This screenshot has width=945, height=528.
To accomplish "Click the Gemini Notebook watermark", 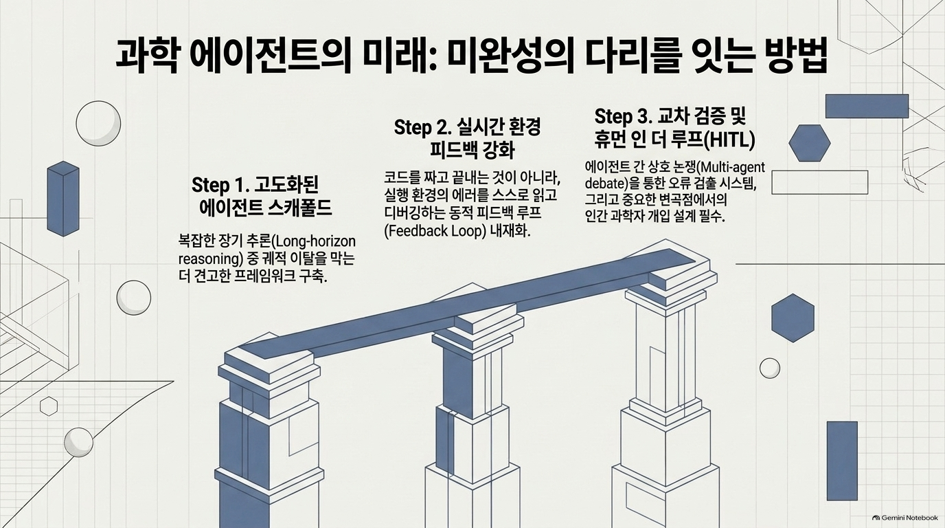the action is (x=905, y=518).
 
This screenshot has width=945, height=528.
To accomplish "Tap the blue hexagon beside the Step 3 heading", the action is (x=810, y=143).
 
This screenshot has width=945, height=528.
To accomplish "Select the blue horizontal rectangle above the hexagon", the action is (x=867, y=106).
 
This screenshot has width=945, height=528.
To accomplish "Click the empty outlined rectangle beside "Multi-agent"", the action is (x=820, y=170).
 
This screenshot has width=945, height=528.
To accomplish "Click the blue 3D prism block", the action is (x=63, y=199).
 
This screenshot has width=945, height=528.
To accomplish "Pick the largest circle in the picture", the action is (x=98, y=123).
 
